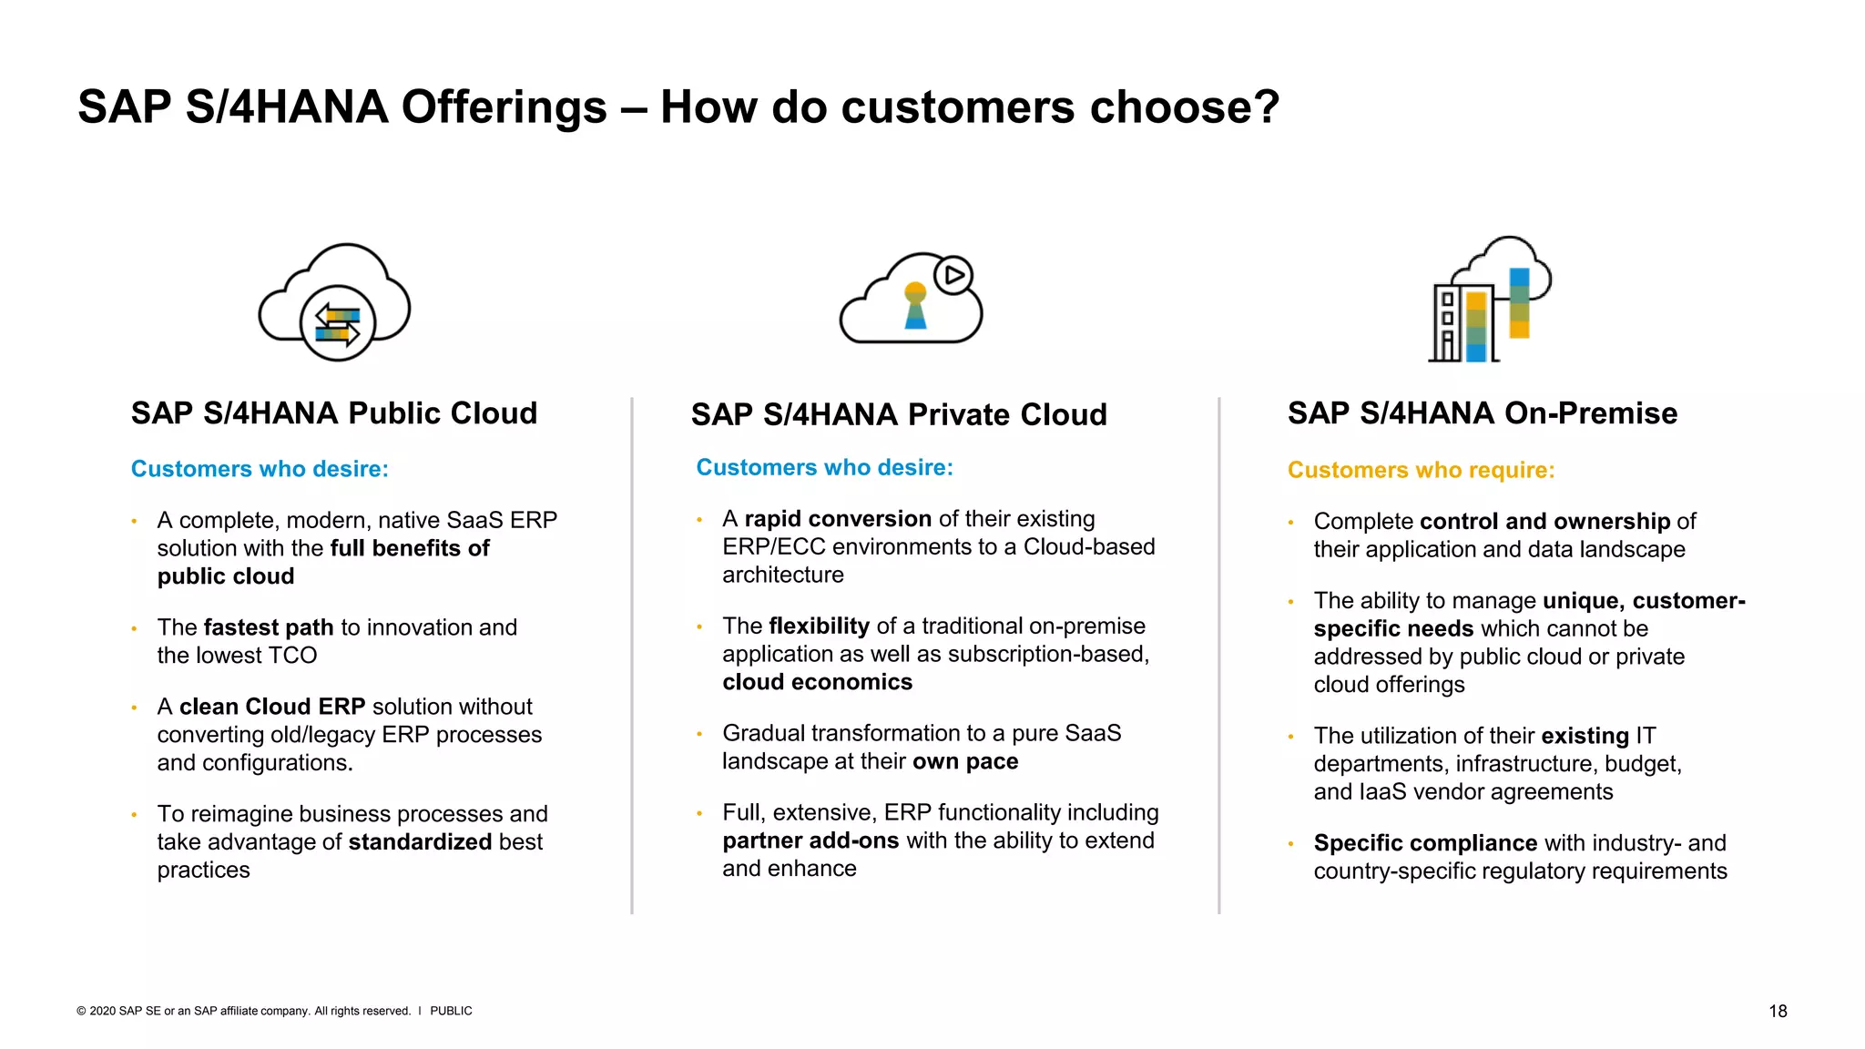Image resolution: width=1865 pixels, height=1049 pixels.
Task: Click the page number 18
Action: [x=1777, y=1011]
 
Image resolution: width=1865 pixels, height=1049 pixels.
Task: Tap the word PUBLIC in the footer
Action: [x=451, y=1011]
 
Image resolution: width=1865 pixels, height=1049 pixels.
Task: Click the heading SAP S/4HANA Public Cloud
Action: [x=334, y=413]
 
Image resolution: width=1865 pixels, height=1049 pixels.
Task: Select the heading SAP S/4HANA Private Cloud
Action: [x=899, y=415]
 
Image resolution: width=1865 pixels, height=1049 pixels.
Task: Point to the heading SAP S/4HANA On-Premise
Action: [x=1482, y=413]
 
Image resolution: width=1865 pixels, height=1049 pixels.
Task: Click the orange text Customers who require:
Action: [x=1421, y=470]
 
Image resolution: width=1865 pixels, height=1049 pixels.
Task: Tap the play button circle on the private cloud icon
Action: [x=953, y=275]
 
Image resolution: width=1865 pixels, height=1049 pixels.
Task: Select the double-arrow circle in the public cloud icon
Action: [x=338, y=323]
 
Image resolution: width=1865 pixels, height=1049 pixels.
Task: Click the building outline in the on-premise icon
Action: [x=1447, y=323]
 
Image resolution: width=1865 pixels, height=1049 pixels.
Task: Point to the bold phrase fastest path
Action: [x=269, y=627]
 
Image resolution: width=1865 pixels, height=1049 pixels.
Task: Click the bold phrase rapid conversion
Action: [x=838, y=519]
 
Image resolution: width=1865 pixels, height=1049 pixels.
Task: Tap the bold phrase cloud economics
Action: [x=817, y=682]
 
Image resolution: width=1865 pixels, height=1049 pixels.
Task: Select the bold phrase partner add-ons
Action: [x=810, y=840]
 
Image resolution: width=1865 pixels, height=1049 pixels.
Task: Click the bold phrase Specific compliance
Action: [x=1425, y=843]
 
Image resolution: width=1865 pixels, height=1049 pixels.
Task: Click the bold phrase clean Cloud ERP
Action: [x=271, y=707]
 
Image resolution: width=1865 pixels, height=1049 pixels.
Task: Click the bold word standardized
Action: [x=420, y=842]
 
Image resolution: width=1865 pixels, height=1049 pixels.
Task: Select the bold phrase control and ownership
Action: [x=1544, y=522]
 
